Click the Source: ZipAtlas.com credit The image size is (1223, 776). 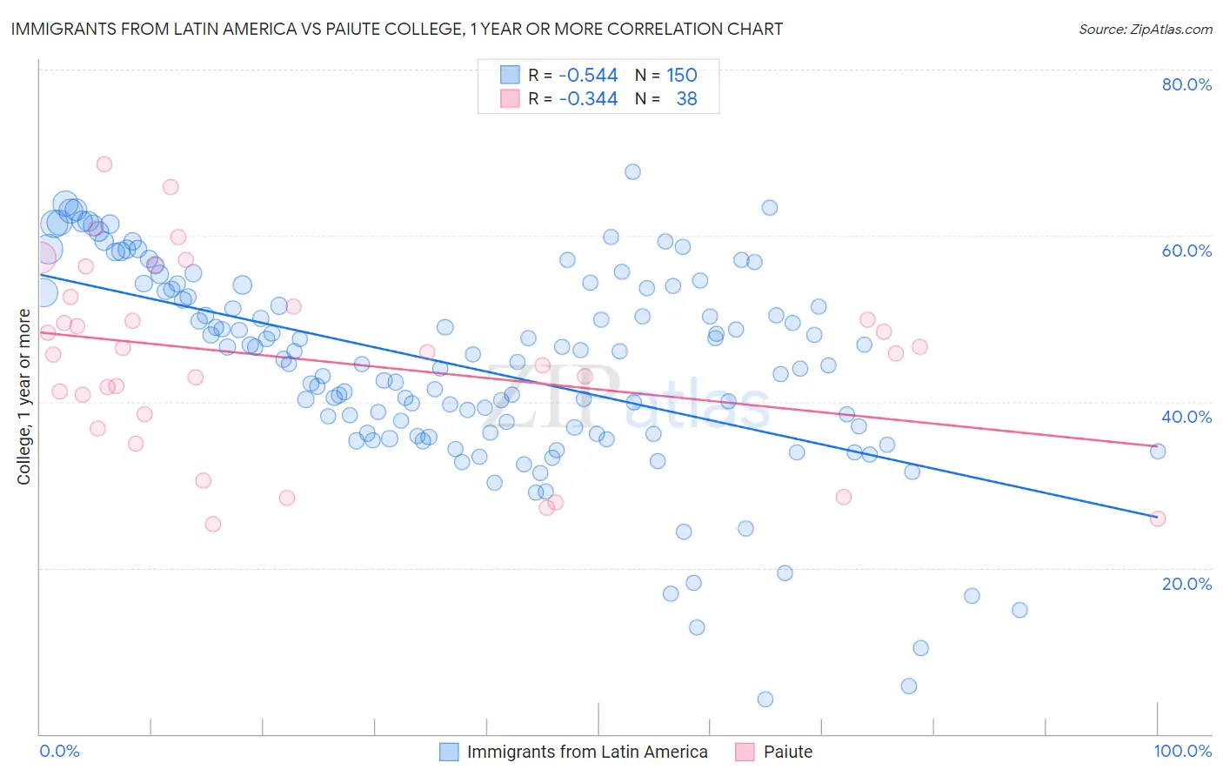(1145, 29)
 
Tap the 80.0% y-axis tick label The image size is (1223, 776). (1186, 84)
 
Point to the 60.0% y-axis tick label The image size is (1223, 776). (1186, 251)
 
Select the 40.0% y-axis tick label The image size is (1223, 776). (1186, 417)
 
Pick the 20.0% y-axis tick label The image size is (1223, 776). (1186, 583)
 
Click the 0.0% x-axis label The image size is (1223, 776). (59, 751)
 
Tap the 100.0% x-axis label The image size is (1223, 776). (1182, 751)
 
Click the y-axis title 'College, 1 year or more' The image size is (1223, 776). (23, 397)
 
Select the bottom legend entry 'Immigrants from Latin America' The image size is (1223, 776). (586, 752)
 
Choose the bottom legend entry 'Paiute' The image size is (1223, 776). (787, 752)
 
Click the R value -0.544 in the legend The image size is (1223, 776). (588, 75)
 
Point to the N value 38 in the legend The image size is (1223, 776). (686, 98)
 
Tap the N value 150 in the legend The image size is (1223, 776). (682, 75)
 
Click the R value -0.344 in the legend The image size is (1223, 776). (588, 98)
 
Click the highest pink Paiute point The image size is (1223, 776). (104, 164)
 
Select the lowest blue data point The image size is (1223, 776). (765, 699)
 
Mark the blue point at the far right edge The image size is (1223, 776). (1158, 451)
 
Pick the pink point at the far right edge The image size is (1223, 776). (1158, 518)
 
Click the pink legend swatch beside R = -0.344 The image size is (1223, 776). (510, 98)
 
